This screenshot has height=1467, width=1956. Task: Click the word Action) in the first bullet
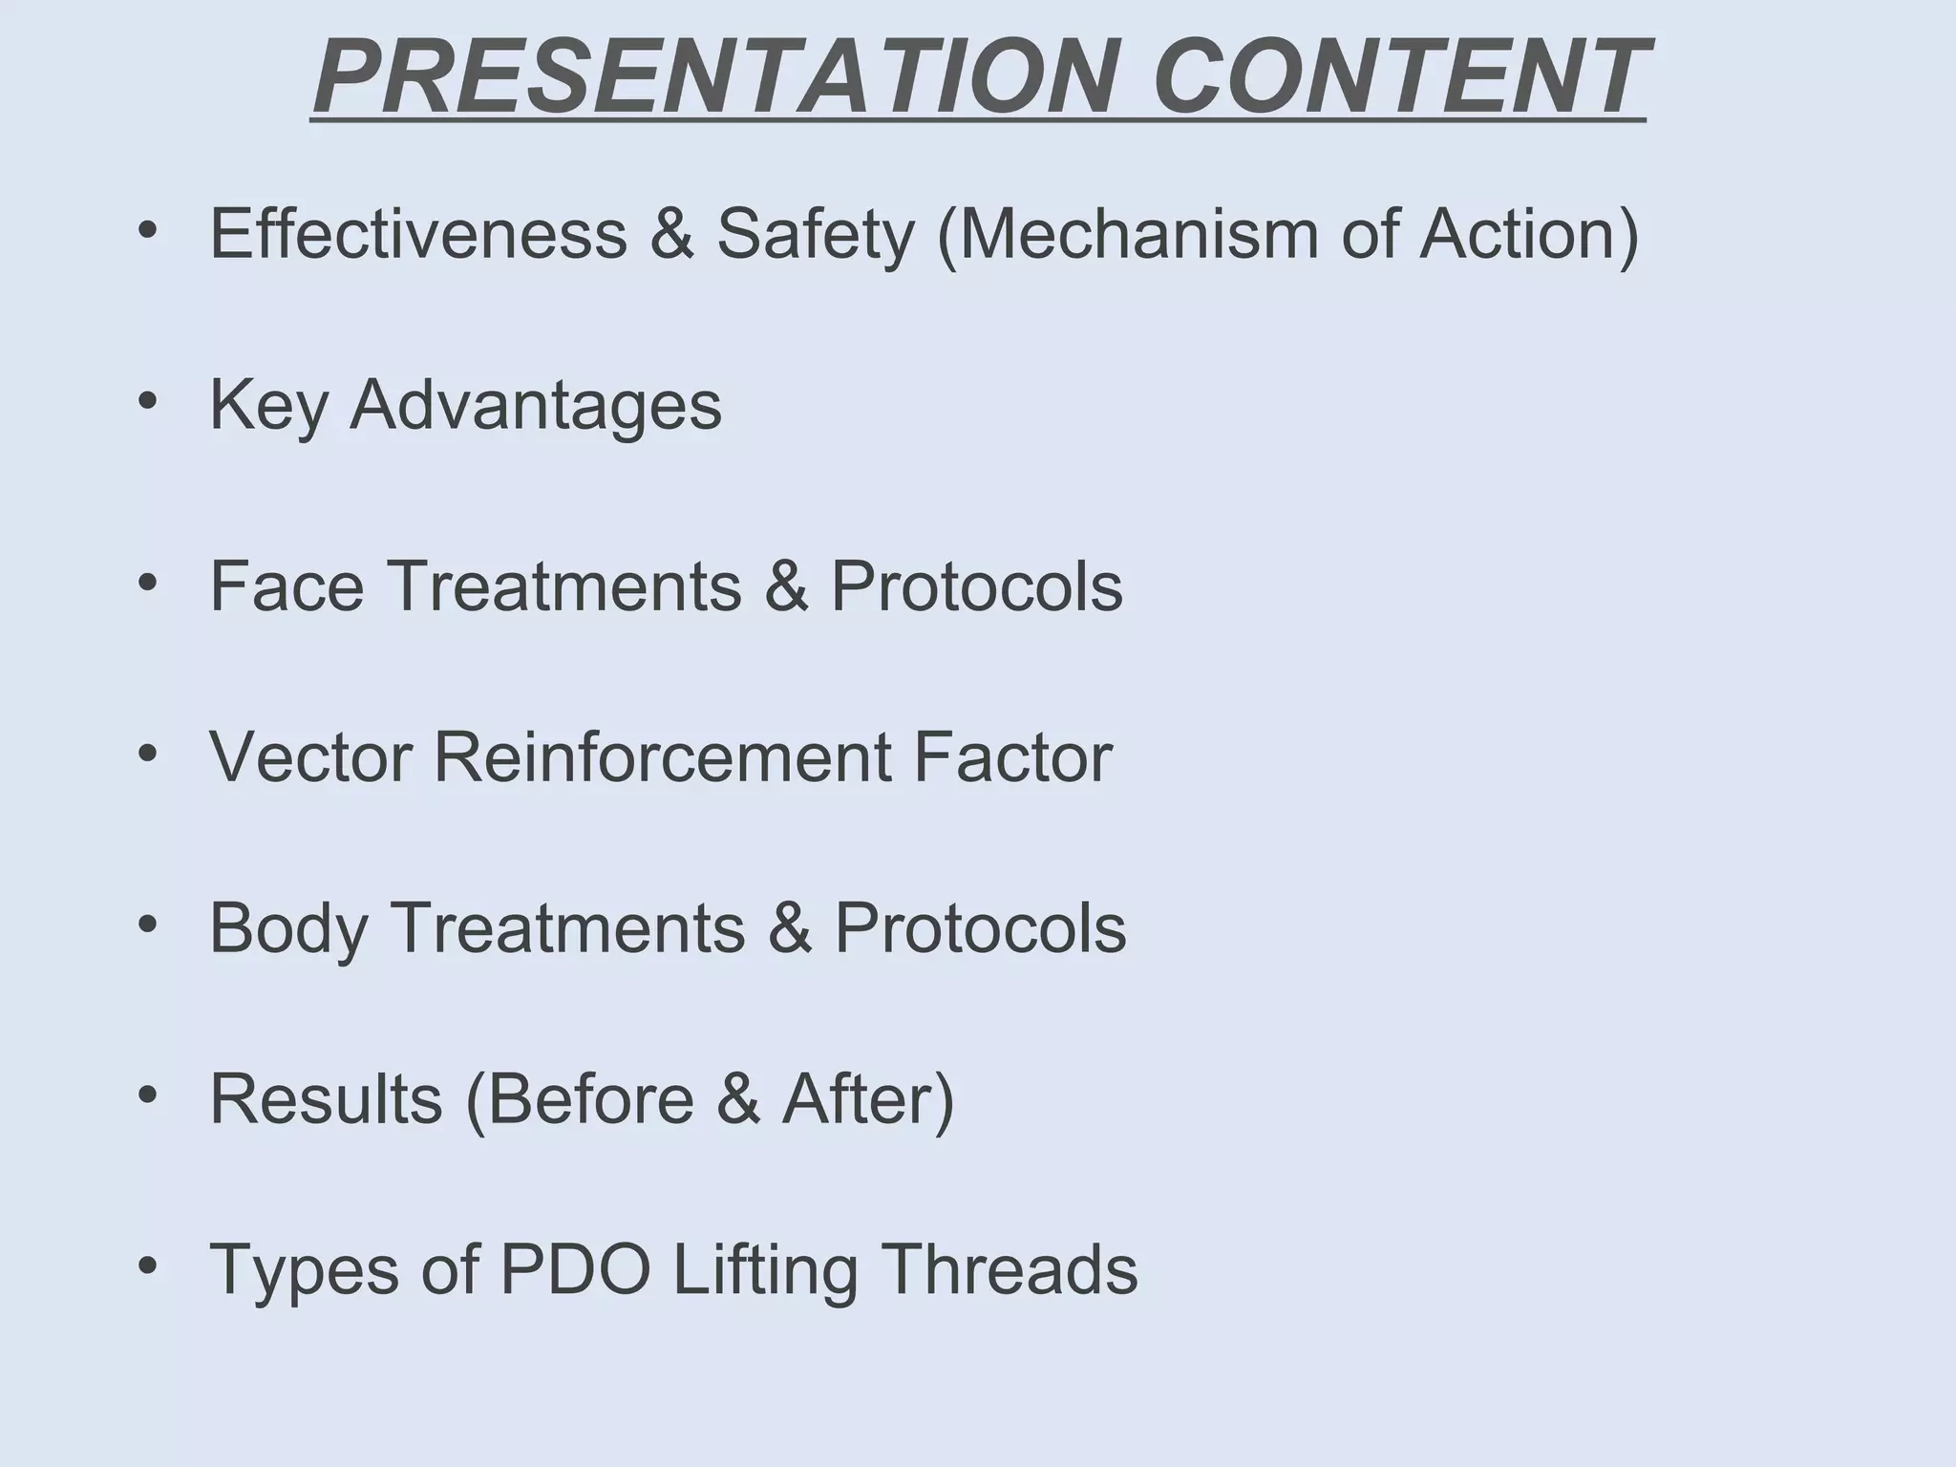tap(1529, 235)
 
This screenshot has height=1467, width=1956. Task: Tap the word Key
tap(268, 407)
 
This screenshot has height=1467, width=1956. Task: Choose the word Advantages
tap(536, 407)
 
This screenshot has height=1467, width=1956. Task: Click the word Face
tap(286, 585)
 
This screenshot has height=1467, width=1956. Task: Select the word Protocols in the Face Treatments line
tap(976, 585)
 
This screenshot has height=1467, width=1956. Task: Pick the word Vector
tap(310, 757)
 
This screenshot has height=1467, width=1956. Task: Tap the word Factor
tap(1012, 757)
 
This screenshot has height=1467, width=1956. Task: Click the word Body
tap(287, 929)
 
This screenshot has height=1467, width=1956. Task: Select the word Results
tap(326, 1099)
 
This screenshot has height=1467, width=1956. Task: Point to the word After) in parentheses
tap(867, 1100)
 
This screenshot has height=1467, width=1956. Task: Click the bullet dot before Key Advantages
tap(146, 401)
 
